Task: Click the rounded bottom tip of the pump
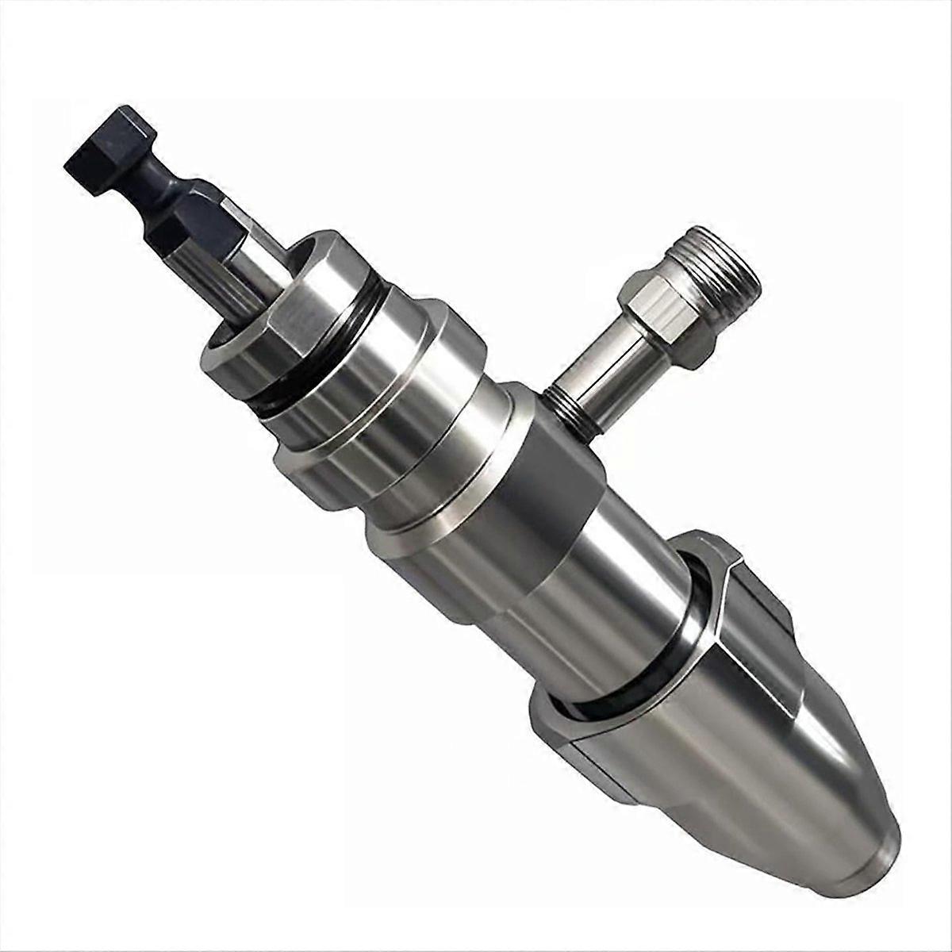873,857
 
